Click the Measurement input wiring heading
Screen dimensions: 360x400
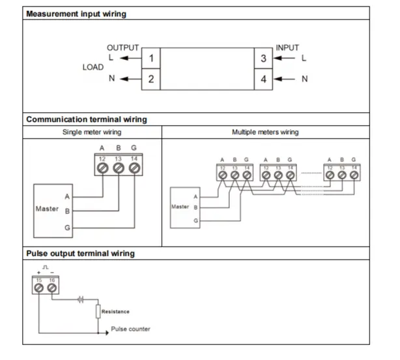76,14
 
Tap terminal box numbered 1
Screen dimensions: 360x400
150,59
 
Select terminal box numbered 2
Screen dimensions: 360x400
150,80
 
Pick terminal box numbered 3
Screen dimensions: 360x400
263,59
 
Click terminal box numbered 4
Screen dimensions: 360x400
263,80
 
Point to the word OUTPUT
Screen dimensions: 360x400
122,48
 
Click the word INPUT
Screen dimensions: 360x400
287,48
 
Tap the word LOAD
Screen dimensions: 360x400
93,67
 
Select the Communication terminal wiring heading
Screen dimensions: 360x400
86,119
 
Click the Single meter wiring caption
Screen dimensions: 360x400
92,132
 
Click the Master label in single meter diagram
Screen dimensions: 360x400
46,209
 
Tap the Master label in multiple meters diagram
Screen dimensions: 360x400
180,207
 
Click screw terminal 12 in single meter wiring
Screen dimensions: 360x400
102,168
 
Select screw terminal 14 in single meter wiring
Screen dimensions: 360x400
134,168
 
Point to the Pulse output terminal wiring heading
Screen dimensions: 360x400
80,253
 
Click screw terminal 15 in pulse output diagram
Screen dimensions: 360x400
39,288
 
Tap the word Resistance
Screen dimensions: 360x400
115,312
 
